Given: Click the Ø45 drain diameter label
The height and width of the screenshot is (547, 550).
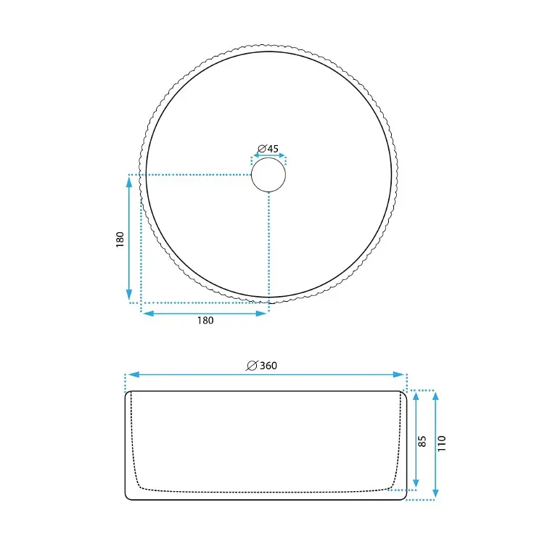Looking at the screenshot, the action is tap(268, 149).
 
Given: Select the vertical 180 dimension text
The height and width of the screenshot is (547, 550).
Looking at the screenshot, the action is tap(120, 239).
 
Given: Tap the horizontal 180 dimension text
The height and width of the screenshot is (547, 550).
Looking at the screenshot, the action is tap(205, 320).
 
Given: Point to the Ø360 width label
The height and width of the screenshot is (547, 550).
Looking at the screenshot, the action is tap(262, 366).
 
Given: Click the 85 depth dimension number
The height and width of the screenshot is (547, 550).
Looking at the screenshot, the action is tap(422, 441).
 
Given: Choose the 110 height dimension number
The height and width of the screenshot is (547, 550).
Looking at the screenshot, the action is tap(442, 443).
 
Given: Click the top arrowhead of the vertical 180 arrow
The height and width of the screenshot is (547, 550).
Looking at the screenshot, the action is tap(129, 182).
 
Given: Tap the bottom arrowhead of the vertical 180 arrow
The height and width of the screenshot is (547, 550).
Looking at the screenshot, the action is tap(129, 295).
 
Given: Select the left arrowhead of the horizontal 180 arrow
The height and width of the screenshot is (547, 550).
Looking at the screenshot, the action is tap(149, 313).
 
